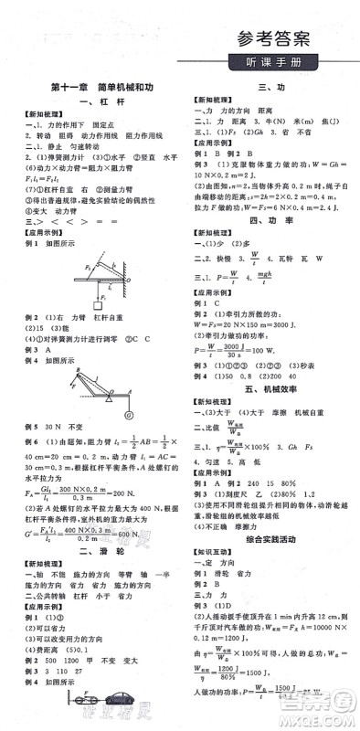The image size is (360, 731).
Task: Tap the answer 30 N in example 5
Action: coord(54,427)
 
